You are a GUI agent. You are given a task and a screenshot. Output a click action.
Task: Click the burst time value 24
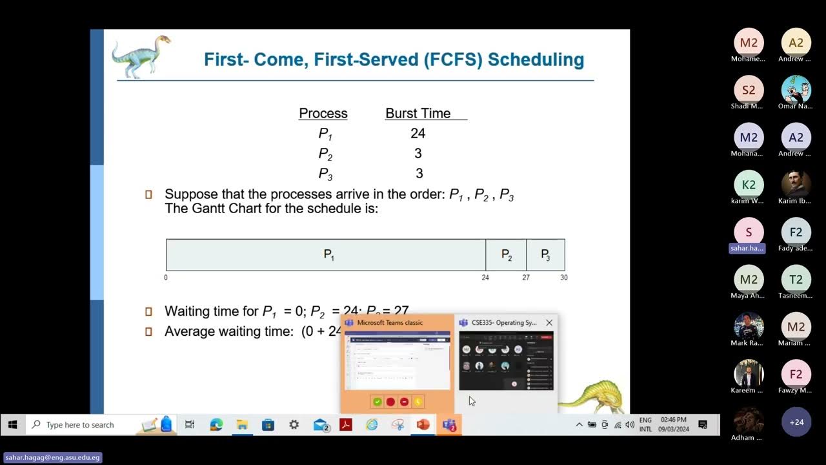pyautogui.click(x=418, y=134)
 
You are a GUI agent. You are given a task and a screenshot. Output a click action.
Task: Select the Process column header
pyautogui.click(x=323, y=114)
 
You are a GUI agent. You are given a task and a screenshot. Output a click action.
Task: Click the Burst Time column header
pyautogui.click(x=418, y=114)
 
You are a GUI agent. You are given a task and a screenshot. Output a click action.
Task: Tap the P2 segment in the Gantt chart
pyautogui.click(x=507, y=255)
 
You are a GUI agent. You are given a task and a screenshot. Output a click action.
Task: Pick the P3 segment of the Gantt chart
pyautogui.click(x=545, y=255)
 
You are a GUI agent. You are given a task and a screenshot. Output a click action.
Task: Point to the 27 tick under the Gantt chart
pyautogui.click(x=526, y=278)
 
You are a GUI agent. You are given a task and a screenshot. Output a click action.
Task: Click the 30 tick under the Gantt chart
pyautogui.click(x=564, y=278)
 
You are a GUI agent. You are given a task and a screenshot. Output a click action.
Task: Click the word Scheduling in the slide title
pyautogui.click(x=536, y=60)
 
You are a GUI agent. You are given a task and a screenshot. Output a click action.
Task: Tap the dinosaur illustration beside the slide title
pyautogui.click(x=141, y=56)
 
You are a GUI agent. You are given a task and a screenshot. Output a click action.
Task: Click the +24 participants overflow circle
pyautogui.click(x=796, y=422)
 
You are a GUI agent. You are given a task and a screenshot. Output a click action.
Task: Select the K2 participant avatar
pyautogui.click(x=749, y=185)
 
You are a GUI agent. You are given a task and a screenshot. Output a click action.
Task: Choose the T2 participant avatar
pyautogui.click(x=796, y=280)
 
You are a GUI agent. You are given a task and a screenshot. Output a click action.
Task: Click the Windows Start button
pyautogui.click(x=12, y=425)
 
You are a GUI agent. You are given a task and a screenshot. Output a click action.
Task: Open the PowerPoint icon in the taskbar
pyautogui.click(x=423, y=425)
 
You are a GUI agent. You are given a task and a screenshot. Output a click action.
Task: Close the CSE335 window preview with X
pyautogui.click(x=549, y=323)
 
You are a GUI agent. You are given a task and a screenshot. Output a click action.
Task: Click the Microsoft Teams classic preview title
pyautogui.click(x=390, y=323)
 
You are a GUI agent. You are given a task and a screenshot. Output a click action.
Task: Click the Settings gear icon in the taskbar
pyautogui.click(x=294, y=425)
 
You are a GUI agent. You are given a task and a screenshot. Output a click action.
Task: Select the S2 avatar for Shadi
pyautogui.click(x=749, y=90)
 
